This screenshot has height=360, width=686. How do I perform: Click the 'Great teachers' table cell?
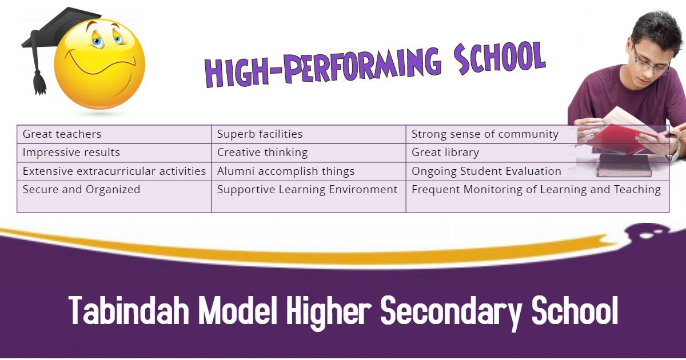[114, 134]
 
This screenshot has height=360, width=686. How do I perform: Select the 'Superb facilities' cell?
[309, 134]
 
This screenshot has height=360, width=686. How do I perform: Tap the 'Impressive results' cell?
[114, 153]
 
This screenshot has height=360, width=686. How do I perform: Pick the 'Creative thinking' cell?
[309, 153]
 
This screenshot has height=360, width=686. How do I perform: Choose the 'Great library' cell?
[537, 153]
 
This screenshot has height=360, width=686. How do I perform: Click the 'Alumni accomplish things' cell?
[309, 171]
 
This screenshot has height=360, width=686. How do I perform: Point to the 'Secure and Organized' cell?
[114, 197]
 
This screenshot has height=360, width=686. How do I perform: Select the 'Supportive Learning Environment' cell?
[309, 197]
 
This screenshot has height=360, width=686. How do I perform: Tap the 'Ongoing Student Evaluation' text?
[486, 171]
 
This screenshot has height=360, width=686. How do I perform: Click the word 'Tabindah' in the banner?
[129, 310]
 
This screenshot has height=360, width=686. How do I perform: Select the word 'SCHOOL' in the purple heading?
[500, 58]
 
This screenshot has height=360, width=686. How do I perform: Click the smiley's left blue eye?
[97, 42]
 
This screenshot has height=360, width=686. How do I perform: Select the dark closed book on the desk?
[624, 165]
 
